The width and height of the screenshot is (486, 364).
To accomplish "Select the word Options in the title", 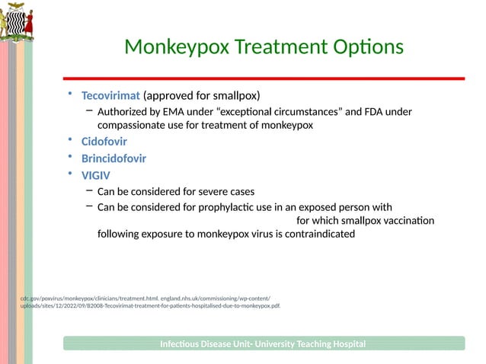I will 360,47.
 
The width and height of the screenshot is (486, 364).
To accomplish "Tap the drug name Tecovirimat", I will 110,96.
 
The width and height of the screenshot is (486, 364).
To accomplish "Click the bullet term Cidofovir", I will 104,142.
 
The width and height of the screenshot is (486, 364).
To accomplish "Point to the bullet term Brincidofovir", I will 114,159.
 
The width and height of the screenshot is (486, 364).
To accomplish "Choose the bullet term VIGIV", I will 95,175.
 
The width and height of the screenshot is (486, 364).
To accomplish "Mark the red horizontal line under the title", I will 263,78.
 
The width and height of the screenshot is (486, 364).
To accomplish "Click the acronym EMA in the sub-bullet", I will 172,112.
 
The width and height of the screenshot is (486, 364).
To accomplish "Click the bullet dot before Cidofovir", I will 68,141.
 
